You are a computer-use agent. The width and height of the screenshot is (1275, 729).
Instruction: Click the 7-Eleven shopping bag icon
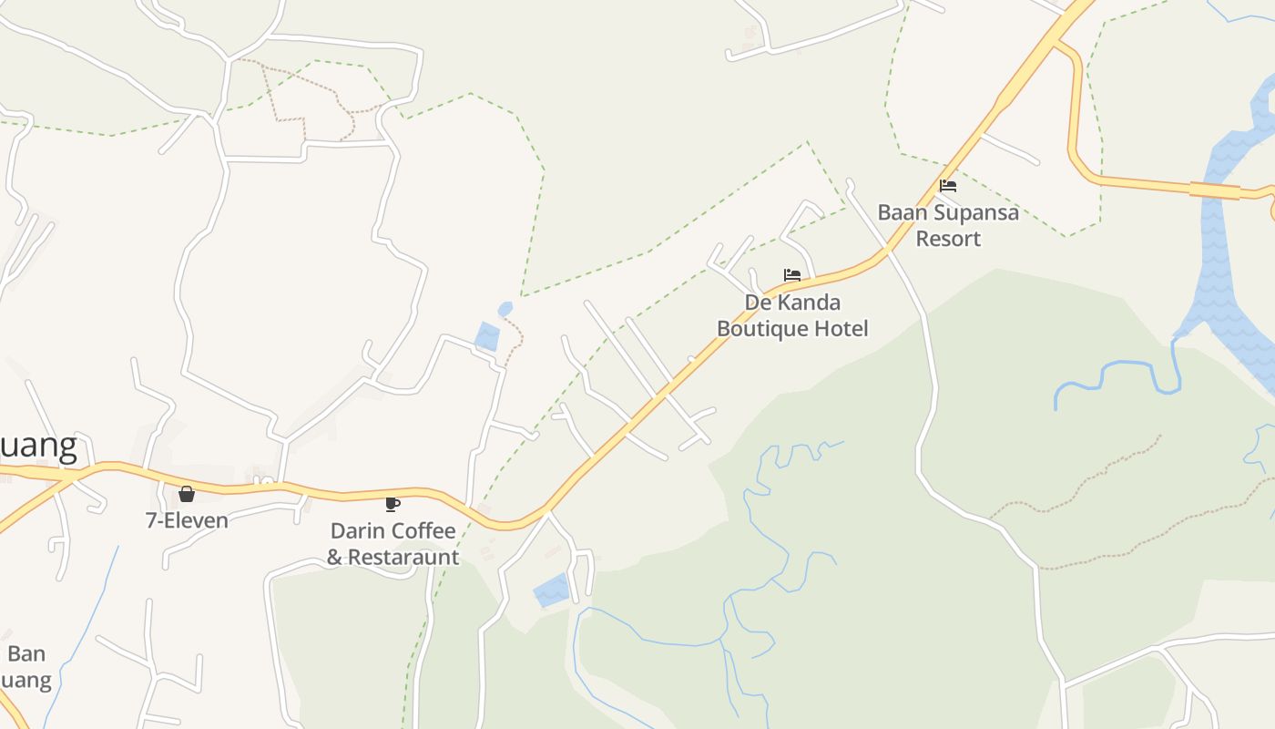click(x=187, y=494)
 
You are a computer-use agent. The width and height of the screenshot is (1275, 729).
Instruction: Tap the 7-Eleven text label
click(x=187, y=520)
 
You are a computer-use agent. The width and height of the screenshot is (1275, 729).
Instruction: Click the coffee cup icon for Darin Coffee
click(x=393, y=504)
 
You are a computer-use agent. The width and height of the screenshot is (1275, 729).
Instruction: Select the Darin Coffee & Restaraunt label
click(x=393, y=543)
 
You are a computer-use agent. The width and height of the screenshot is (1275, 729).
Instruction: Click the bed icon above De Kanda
click(x=792, y=275)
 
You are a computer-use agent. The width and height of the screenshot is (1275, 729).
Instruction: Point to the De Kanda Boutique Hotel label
click(x=792, y=315)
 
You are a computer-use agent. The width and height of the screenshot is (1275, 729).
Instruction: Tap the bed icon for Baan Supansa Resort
click(x=948, y=186)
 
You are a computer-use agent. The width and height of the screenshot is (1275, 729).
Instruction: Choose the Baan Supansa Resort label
click(x=948, y=225)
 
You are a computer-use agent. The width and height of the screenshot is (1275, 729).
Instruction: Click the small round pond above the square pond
click(x=505, y=309)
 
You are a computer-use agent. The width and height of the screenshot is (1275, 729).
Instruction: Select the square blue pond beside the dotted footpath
click(x=487, y=336)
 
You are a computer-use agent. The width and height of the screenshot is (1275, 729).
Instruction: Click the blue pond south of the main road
click(x=551, y=590)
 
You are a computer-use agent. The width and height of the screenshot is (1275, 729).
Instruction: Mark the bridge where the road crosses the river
click(x=1215, y=190)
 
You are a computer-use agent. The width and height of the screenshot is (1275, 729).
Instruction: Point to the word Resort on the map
click(x=948, y=239)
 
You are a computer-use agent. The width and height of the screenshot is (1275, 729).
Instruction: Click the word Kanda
click(x=809, y=302)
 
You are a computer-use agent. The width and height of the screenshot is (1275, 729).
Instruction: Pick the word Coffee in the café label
click(x=423, y=530)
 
